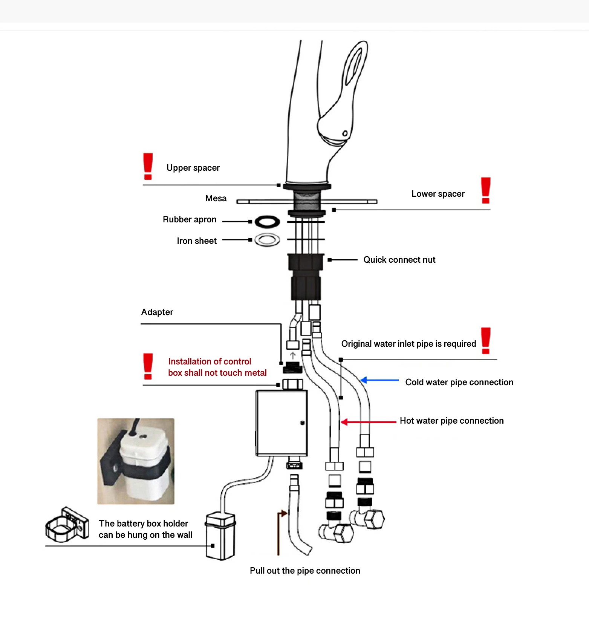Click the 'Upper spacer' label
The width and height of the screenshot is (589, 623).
pos(193,168)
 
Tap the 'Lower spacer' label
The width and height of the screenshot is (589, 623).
pos(438,194)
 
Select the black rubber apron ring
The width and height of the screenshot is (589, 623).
pos(267,222)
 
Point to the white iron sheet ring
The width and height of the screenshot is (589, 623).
pos(267,240)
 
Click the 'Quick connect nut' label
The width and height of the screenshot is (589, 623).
pos(399,260)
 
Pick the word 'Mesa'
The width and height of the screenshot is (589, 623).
pos(216,198)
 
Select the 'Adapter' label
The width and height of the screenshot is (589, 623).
pos(157,312)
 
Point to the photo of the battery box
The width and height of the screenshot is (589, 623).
pos(136,461)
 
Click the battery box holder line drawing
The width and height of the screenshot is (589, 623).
pos(67,524)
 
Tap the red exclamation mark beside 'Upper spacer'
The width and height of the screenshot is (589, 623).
pos(148,166)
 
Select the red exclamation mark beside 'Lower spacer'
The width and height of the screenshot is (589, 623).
pos(485,190)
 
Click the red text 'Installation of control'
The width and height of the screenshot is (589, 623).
pos(210,361)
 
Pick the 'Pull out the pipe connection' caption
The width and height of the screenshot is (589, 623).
pos(305,571)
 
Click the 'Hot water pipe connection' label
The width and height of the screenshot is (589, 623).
pos(451,421)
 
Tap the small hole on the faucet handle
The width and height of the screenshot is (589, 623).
pos(345,133)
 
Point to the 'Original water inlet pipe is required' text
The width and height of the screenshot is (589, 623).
pos(408,344)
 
